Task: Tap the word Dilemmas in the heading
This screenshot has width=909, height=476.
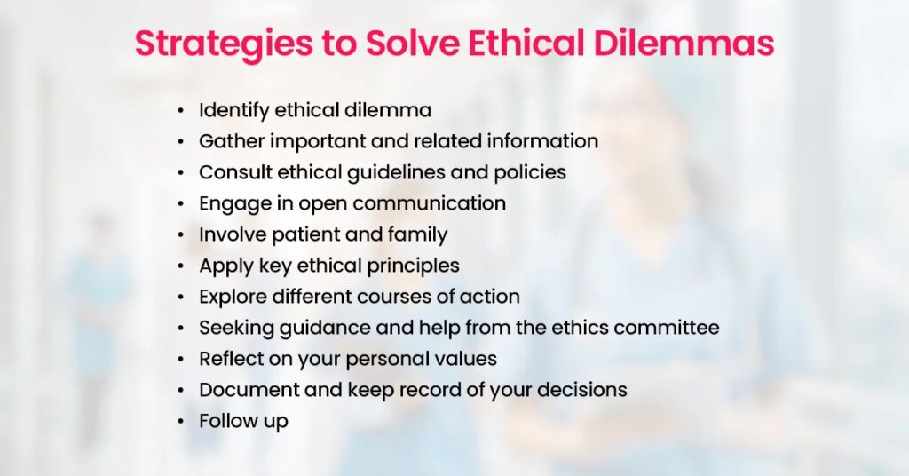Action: click(x=684, y=43)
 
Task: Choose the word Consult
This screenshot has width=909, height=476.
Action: click(x=235, y=172)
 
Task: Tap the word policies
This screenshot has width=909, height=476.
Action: click(x=530, y=173)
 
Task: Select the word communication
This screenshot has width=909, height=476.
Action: click(x=429, y=203)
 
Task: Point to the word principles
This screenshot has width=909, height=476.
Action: click(x=414, y=266)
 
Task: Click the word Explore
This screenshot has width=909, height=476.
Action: click(x=233, y=297)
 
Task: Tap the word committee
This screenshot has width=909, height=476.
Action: click(x=666, y=328)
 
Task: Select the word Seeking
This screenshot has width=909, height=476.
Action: click(x=237, y=329)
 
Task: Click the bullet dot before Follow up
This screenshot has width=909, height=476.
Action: click(x=181, y=422)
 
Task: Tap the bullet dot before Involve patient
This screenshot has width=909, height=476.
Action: click(x=181, y=235)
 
